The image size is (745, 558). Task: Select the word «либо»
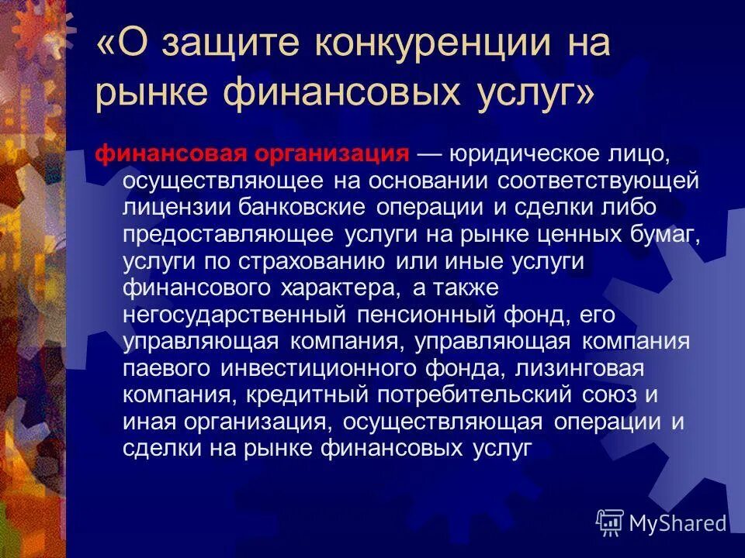pos(631,207)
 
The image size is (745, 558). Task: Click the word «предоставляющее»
pos(227,234)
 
